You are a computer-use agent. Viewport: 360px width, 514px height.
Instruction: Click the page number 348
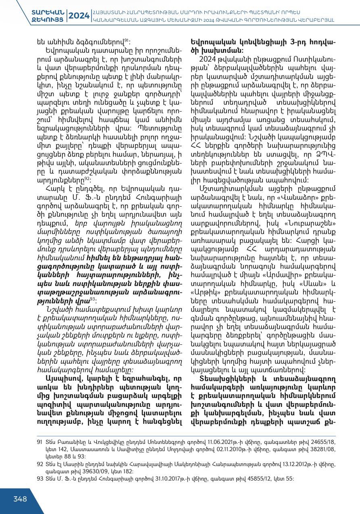(x=20, y=499)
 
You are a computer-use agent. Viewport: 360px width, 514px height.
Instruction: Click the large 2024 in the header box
(x=79, y=16)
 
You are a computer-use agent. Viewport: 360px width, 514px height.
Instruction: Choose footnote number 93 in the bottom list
(x=40, y=479)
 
